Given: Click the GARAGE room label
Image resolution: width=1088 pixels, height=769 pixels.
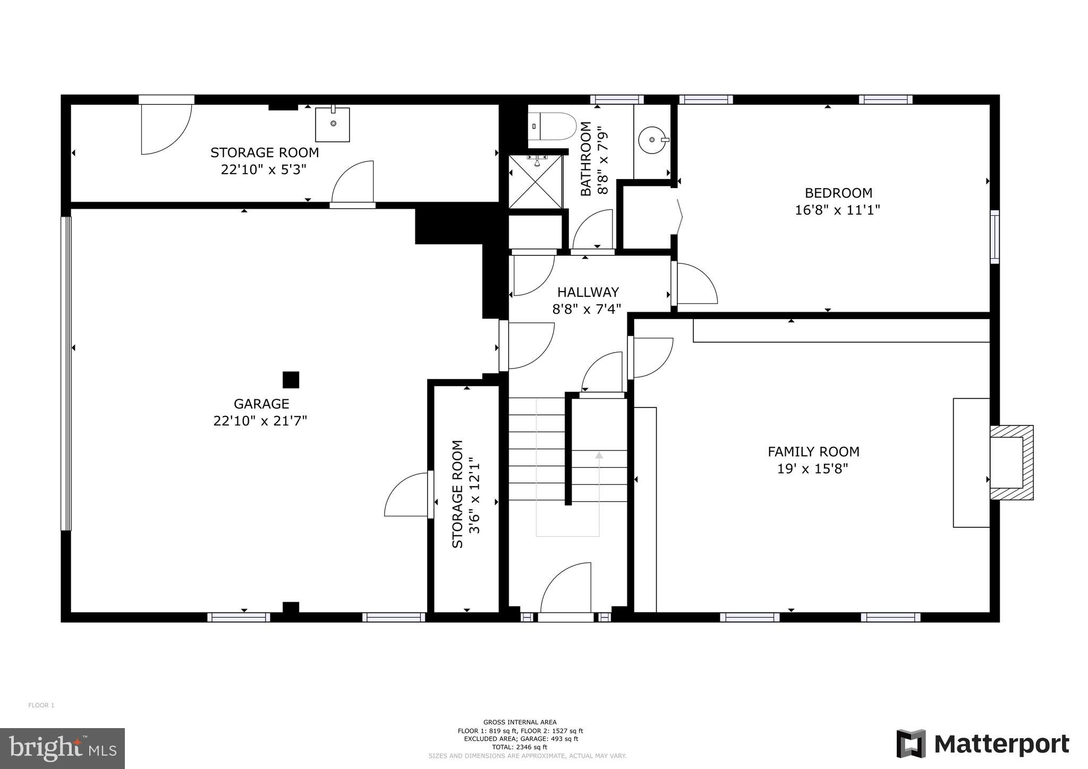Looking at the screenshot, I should [x=261, y=404].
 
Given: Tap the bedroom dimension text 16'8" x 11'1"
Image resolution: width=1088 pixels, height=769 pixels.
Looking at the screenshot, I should [x=837, y=210].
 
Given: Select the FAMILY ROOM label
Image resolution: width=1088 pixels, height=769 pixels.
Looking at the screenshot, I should [x=813, y=452].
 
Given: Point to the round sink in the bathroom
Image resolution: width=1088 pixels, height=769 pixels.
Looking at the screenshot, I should [x=653, y=140].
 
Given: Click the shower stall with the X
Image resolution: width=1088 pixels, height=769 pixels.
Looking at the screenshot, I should [x=535, y=182].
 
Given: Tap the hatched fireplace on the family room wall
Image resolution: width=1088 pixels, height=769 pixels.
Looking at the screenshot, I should [x=1011, y=463].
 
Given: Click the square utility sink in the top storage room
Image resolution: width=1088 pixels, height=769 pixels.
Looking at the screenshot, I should [x=333, y=124].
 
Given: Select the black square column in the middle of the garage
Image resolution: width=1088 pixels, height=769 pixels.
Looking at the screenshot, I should [x=291, y=380].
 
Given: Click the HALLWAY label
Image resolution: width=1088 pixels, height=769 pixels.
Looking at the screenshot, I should [x=588, y=292].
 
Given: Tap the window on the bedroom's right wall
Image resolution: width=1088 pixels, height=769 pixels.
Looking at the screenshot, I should [x=994, y=237].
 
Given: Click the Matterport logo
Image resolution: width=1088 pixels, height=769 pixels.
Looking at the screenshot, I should [x=983, y=744].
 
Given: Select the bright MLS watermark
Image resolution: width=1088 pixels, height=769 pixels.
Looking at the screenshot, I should [x=63, y=748].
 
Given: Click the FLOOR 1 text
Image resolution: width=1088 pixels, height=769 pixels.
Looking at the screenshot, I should [x=41, y=705].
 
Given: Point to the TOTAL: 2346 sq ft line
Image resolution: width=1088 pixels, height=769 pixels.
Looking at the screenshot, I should [x=520, y=747].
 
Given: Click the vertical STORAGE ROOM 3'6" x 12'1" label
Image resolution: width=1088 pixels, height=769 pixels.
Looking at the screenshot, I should [x=466, y=494].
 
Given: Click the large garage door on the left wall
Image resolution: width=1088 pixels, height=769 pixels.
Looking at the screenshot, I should [x=66, y=373].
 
